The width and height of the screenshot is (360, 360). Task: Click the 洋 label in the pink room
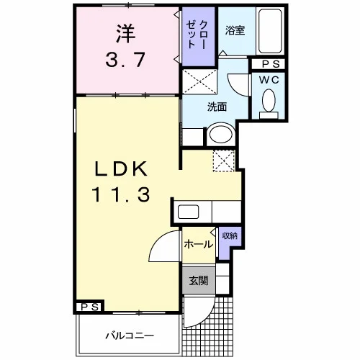pos(126,33)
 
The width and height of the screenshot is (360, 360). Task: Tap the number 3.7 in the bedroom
pos(125,60)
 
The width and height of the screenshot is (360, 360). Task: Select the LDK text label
pos(121,168)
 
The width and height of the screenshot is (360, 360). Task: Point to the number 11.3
pos(121,194)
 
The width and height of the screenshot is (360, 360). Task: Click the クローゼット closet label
pos(197,35)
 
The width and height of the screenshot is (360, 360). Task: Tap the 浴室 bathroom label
pos(235,31)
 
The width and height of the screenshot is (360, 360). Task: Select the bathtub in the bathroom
pos(270,31)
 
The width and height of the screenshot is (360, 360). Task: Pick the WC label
pos(269,80)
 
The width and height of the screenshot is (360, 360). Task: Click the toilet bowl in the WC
pos(269,101)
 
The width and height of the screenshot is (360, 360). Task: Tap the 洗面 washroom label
pos(217,107)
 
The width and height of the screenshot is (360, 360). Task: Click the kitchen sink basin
pos(188,212)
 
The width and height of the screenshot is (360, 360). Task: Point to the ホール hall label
pos(199,244)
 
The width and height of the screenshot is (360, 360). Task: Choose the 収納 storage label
pos(230,236)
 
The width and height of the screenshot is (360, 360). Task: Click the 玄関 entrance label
pos(199,281)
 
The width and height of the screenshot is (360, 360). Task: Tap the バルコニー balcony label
pos(130,336)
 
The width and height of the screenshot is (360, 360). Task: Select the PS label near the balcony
pos(90,307)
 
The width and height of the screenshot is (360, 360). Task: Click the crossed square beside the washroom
pos(199,81)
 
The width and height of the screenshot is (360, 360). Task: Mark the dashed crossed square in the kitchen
pos(224,161)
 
